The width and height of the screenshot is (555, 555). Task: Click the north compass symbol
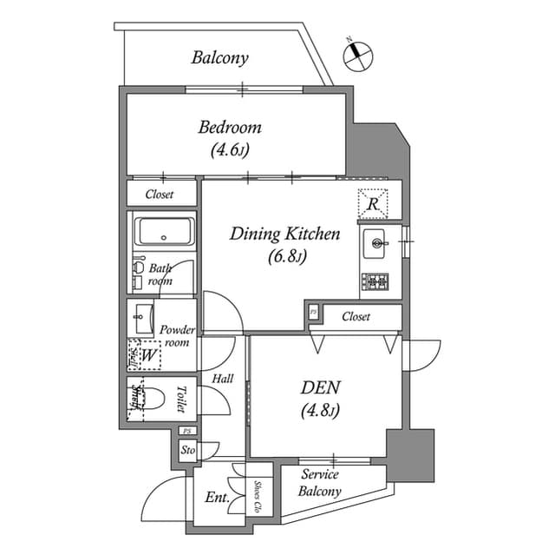tap(357, 55)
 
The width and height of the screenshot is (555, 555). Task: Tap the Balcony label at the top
tap(220, 58)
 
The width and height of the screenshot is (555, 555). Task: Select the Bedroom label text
tap(230, 128)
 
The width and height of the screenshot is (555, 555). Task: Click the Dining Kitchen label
tap(284, 234)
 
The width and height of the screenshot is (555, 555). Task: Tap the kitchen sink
tap(377, 243)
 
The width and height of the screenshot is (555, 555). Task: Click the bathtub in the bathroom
tap(165, 232)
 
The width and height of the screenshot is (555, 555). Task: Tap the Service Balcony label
tap(320, 483)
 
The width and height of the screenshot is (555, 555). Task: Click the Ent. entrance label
tap(217, 498)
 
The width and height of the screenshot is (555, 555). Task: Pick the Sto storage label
tap(187, 451)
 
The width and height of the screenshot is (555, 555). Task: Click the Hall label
tap(222, 379)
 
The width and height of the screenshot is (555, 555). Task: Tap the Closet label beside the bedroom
tap(159, 195)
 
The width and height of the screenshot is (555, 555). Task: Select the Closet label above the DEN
tap(356, 317)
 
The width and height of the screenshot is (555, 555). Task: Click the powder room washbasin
tap(140, 318)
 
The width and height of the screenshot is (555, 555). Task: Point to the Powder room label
tap(178, 336)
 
